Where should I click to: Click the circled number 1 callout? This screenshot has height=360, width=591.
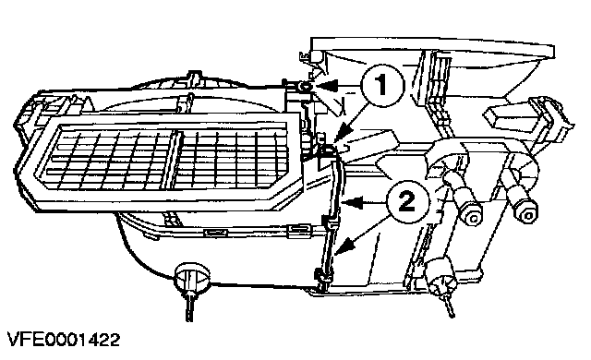[x=382, y=86]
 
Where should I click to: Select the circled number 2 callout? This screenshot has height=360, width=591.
[x=408, y=202]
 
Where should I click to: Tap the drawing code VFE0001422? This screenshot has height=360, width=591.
[x=64, y=340]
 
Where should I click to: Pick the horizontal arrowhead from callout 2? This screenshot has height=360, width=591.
[x=352, y=203]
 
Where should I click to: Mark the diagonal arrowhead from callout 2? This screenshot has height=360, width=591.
[x=344, y=248]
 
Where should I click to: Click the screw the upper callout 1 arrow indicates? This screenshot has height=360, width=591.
[x=304, y=88]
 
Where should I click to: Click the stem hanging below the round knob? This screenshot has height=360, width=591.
[x=189, y=306]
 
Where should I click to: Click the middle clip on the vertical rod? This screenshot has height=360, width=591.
[x=329, y=223]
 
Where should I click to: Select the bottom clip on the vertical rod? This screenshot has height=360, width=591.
[x=322, y=277]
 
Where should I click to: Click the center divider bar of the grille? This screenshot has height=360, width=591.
[x=171, y=160]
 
